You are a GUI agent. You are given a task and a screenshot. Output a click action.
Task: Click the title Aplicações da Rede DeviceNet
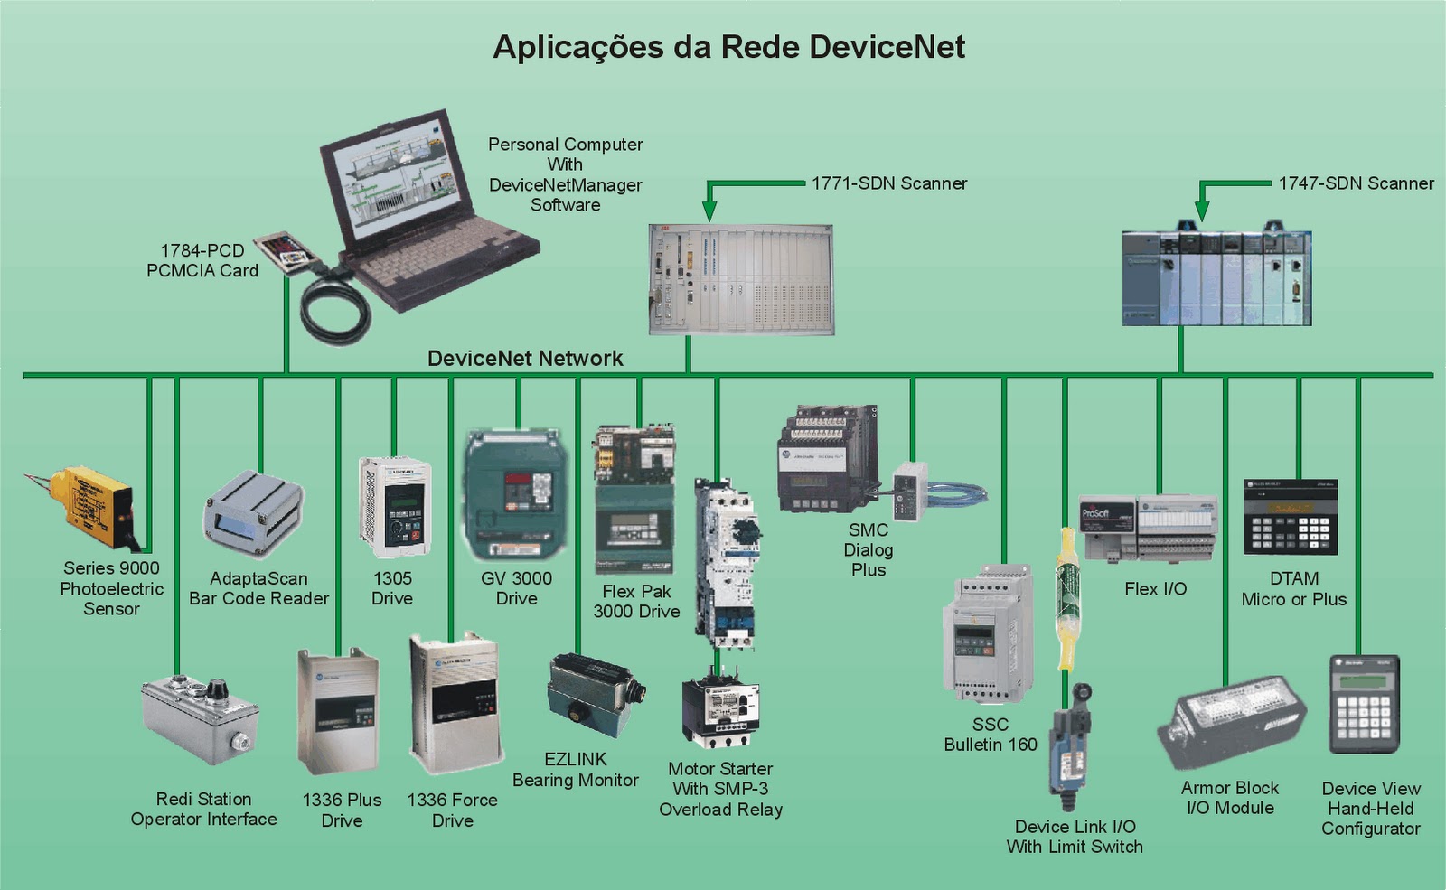(x=728, y=47)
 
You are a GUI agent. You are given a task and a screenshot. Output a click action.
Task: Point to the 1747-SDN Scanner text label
(x=1356, y=183)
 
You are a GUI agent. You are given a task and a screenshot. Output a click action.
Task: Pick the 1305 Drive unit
(x=395, y=506)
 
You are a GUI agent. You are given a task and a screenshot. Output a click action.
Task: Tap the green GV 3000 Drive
(x=516, y=494)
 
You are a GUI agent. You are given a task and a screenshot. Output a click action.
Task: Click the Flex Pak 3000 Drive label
(x=636, y=601)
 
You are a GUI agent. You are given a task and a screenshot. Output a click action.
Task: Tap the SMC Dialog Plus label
(x=869, y=549)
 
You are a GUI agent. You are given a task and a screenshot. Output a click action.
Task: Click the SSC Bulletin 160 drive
(x=987, y=637)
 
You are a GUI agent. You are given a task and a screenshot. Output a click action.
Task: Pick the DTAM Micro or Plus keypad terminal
(x=1290, y=518)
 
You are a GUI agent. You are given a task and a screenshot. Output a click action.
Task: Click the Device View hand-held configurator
(x=1364, y=705)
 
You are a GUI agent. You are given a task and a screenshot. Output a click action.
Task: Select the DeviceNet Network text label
(x=525, y=359)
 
